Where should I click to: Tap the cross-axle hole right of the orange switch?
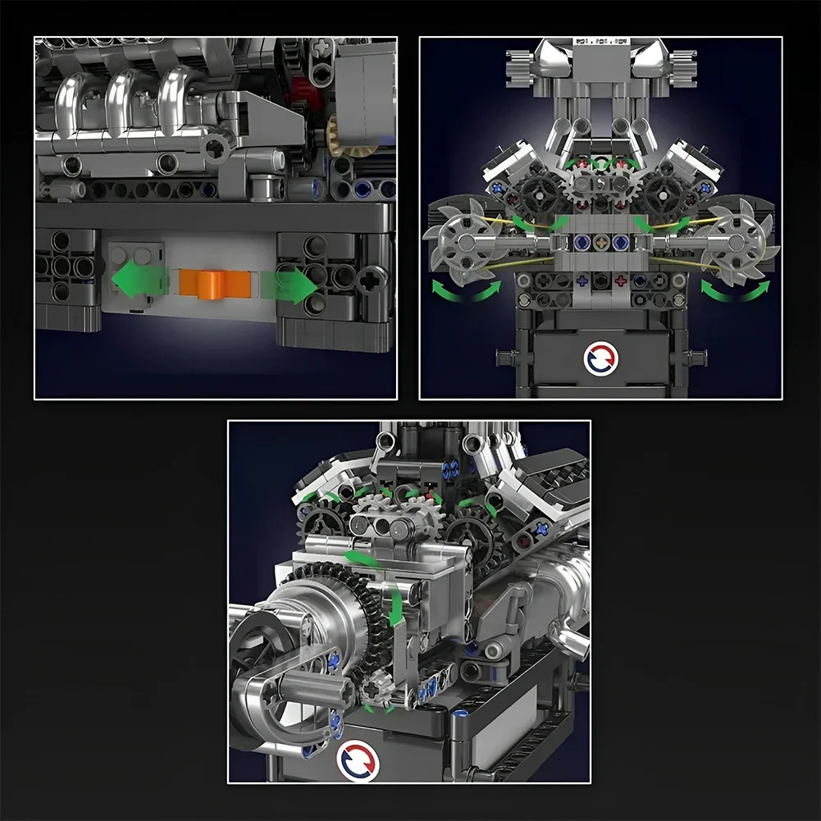[x=371, y=279]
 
